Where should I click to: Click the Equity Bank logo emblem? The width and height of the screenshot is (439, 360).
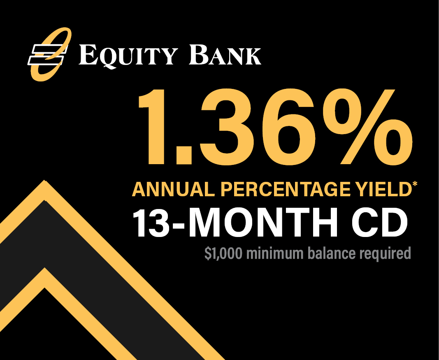[49, 54]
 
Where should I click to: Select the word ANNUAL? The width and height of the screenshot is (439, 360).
[174, 190]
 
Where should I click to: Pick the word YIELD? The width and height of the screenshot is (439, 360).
[380, 190]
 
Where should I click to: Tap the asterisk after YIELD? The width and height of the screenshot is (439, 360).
[415, 184]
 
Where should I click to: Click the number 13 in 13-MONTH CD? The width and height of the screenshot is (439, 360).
[151, 223]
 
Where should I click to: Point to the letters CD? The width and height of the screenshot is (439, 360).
[380, 223]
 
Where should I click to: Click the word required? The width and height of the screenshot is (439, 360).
[385, 254]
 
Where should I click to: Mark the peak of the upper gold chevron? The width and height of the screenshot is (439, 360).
[44, 181]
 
